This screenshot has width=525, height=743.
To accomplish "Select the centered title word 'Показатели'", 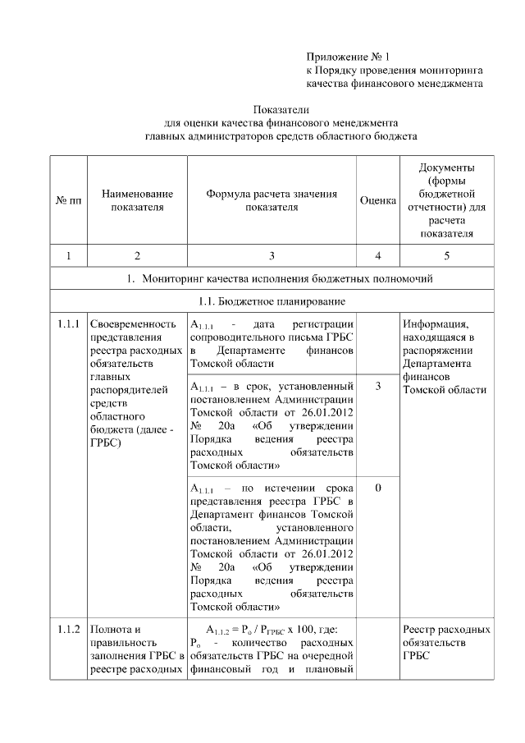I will click(281, 108).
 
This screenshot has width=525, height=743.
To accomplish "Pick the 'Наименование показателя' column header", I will click(137, 200).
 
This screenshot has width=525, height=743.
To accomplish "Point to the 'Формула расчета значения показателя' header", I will click(272, 200).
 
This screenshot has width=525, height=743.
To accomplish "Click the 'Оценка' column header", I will click(378, 200).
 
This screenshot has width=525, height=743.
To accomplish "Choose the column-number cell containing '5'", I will click(446, 256).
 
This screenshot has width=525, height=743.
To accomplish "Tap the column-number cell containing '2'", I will click(137, 256).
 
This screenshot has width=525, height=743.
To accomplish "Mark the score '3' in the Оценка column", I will click(377, 385).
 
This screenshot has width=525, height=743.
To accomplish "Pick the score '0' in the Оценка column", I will click(377, 488).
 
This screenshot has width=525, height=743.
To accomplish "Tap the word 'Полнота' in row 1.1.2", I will click(109, 630).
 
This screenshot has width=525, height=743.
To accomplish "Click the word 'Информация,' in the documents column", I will click(435, 323).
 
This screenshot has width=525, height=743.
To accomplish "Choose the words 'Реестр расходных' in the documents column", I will click(446, 630).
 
